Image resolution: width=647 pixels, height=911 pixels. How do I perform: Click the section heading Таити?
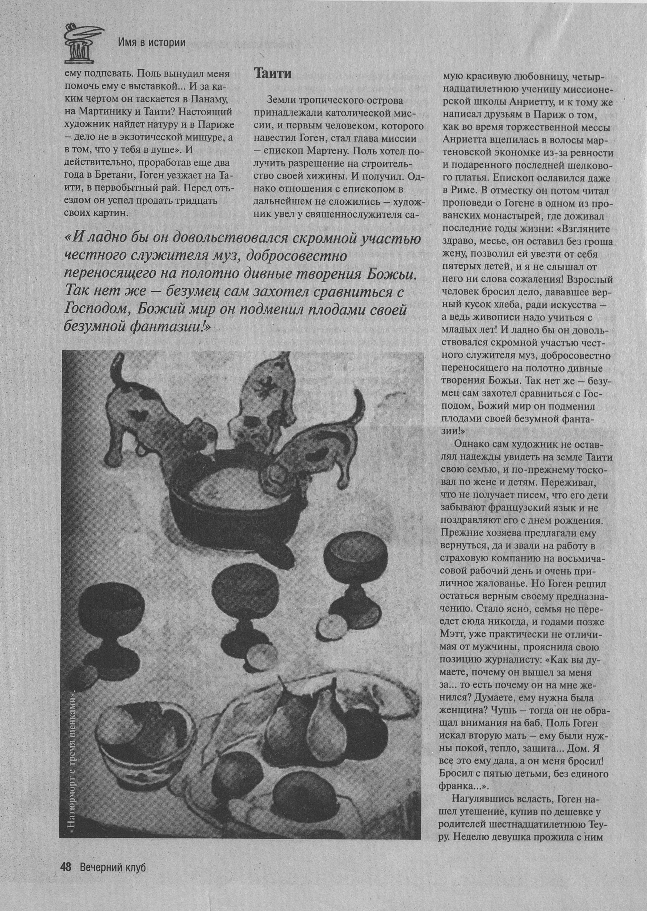pos(273,73)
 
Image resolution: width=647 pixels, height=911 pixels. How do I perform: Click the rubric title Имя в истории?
pos(151,42)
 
